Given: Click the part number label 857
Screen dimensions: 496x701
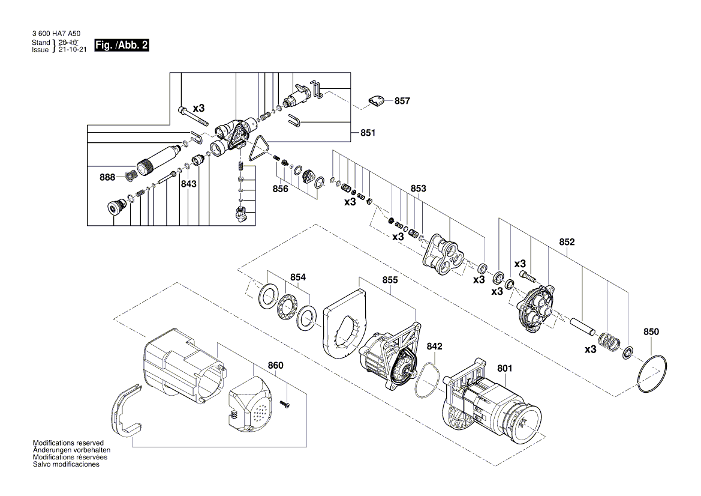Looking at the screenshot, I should [402, 101].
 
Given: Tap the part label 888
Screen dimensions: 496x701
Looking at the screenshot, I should [108, 177].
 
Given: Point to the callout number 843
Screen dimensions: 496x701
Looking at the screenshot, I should [189, 184].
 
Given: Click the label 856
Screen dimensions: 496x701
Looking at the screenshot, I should [280, 189].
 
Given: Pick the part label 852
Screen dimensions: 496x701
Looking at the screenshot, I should [567, 242].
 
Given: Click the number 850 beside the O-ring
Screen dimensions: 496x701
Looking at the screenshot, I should [651, 331].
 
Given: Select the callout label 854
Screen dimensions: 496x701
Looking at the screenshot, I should [298, 277].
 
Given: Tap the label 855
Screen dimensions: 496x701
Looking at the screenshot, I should [390, 280].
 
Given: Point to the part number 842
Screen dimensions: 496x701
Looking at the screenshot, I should [435, 346].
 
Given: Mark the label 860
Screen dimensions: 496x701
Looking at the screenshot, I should [275, 365].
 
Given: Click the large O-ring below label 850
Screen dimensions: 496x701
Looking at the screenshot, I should [651, 375].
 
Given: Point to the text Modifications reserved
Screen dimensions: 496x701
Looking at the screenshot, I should [68, 443].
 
